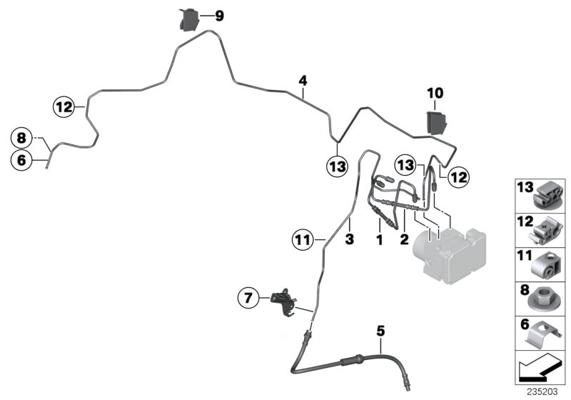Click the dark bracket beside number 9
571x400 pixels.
[x=189, y=20]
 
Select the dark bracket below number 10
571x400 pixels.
[x=436, y=123]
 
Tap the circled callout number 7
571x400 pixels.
[x=248, y=298]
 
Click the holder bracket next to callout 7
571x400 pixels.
[x=285, y=301]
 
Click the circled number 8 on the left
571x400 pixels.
[x=21, y=138]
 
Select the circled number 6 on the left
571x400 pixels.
[x=21, y=160]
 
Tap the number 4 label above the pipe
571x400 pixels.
[x=303, y=81]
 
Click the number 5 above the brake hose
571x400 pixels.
[x=380, y=331]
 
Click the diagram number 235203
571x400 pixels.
[x=542, y=392]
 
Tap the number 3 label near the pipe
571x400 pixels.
[x=349, y=239]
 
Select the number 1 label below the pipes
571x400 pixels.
[x=380, y=240]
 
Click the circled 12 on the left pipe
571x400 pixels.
[x=64, y=107]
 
